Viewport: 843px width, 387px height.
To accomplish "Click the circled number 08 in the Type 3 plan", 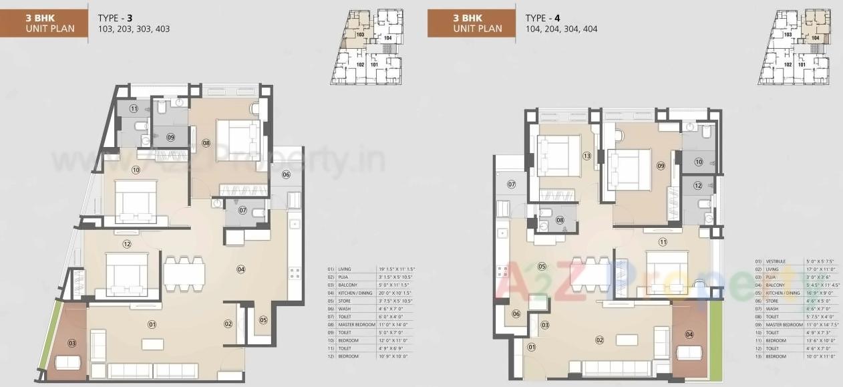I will tap(206, 142).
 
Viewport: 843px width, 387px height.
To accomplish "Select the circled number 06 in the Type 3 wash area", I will tap(286, 175).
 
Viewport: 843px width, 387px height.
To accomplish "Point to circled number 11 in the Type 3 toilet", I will tap(134, 108).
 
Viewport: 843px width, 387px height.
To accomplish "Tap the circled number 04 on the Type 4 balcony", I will tap(689, 334).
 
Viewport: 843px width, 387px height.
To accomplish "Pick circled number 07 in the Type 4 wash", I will tap(512, 184).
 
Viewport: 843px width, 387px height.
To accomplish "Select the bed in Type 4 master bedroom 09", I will tap(629, 169).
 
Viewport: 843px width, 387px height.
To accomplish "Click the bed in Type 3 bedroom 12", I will tap(127, 274).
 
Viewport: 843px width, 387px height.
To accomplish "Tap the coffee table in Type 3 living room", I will tap(152, 344).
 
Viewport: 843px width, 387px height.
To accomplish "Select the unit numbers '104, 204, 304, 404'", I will tap(561, 29).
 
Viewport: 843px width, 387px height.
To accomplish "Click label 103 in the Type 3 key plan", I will tap(360, 33).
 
